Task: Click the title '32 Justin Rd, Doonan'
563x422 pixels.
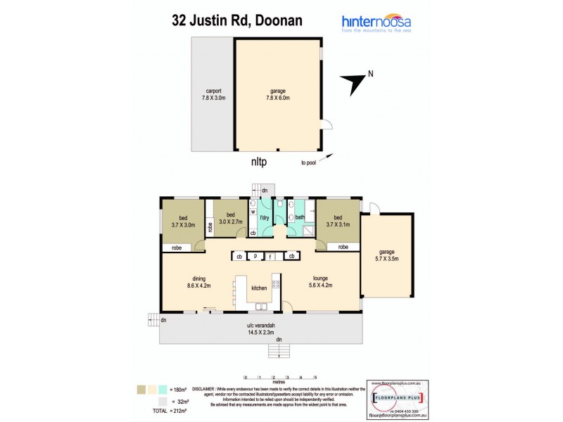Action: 237,20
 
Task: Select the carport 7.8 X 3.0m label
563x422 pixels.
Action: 214,94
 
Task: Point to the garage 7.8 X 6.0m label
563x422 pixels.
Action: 279,94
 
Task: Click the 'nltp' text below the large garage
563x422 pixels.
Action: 260,161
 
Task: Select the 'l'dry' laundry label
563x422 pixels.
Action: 265,219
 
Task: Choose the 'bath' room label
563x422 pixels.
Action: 298,218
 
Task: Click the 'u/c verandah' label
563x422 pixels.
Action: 260,328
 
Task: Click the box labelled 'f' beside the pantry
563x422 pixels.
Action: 270,257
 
